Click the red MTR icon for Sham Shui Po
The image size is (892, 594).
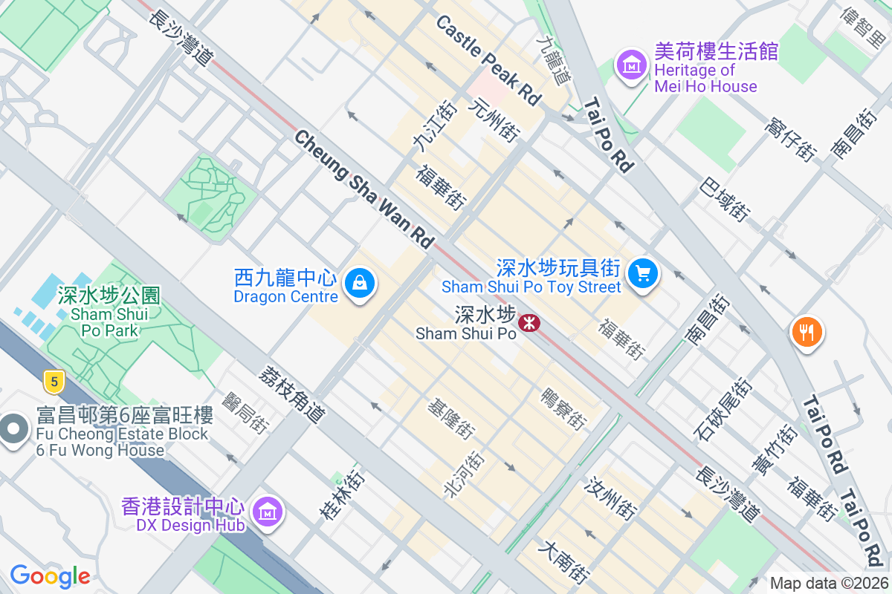[529, 322]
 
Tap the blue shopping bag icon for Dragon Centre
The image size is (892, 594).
[360, 284]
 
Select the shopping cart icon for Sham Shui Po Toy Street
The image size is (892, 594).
[643, 274]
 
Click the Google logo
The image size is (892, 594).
[50, 576]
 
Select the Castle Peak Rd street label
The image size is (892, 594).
[488, 60]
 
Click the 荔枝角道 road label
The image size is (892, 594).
[292, 394]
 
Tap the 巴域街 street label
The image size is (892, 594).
[725, 199]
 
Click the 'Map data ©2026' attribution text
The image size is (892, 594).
[828, 584]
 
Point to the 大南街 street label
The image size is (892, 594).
[566, 563]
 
